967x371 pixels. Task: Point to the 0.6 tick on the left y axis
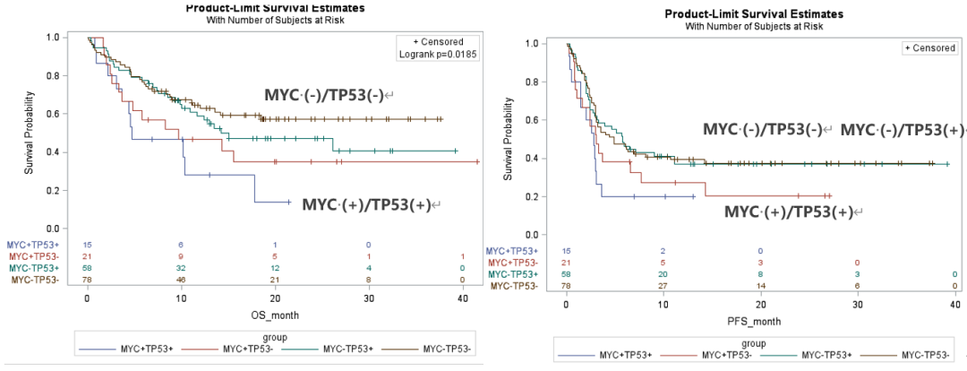click(63, 114)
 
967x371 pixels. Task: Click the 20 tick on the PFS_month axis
click(760, 306)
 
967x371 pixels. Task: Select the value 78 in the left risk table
click(88, 280)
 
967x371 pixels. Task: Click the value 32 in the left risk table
click(181, 268)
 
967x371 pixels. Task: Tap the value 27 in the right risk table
click(663, 286)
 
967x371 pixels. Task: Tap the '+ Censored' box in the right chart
click(929, 47)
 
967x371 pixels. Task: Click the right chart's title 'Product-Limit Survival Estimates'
click(753, 14)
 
